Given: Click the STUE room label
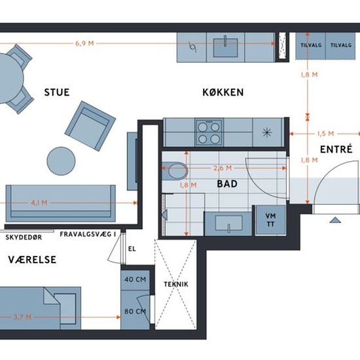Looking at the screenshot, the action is click(57, 92).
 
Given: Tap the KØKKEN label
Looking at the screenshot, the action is click(223, 92).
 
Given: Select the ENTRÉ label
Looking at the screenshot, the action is click(336, 149).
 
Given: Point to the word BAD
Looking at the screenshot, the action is click(227, 184).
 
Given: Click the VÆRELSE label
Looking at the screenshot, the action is click(32, 260).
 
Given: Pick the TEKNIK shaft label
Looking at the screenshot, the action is click(176, 284).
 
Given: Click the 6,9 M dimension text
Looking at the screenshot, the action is click(84, 43).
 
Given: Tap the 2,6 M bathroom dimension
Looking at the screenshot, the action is click(223, 168).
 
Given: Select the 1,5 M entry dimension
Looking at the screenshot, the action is click(325, 134).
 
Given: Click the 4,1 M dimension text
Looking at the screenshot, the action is click(39, 203).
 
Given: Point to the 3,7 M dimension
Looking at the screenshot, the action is click(22, 317).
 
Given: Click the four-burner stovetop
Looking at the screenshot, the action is click(209, 132).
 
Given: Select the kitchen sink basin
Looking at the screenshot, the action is click(225, 48).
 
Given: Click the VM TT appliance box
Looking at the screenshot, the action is click(270, 220).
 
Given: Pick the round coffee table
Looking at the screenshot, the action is click(61, 161).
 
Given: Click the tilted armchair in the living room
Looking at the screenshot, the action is click(90, 126).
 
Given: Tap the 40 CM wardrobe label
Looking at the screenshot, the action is click(135, 279).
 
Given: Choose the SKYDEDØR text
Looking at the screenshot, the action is click(24, 237).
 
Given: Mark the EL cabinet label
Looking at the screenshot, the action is click(132, 249).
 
